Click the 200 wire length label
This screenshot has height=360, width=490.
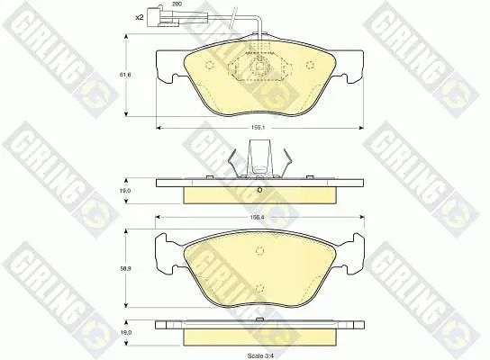tap(177, 4)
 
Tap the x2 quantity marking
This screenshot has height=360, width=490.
tap(140, 17)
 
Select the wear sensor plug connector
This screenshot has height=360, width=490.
tap(155, 16)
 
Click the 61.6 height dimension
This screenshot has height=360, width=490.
tap(126, 75)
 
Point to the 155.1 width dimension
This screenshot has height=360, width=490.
tap(256, 128)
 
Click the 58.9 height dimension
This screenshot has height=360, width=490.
tap(126, 268)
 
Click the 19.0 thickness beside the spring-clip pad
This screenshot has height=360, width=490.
tap(126, 191)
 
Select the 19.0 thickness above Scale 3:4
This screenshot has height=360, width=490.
tap(126, 333)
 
